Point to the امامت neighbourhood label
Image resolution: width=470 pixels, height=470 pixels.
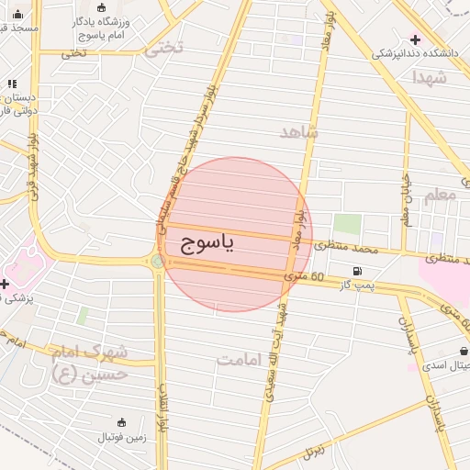point(240,359)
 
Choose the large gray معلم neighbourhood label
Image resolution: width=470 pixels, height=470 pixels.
point(441,196)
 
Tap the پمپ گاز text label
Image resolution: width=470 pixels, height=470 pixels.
point(354,288)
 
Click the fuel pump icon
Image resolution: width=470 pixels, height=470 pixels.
point(355,271)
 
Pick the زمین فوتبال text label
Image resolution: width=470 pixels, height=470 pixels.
point(122,437)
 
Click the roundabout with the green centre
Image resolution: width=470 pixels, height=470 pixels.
point(158,262)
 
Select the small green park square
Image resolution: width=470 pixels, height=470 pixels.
point(346,223)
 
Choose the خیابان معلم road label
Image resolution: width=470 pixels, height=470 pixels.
point(406,201)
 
